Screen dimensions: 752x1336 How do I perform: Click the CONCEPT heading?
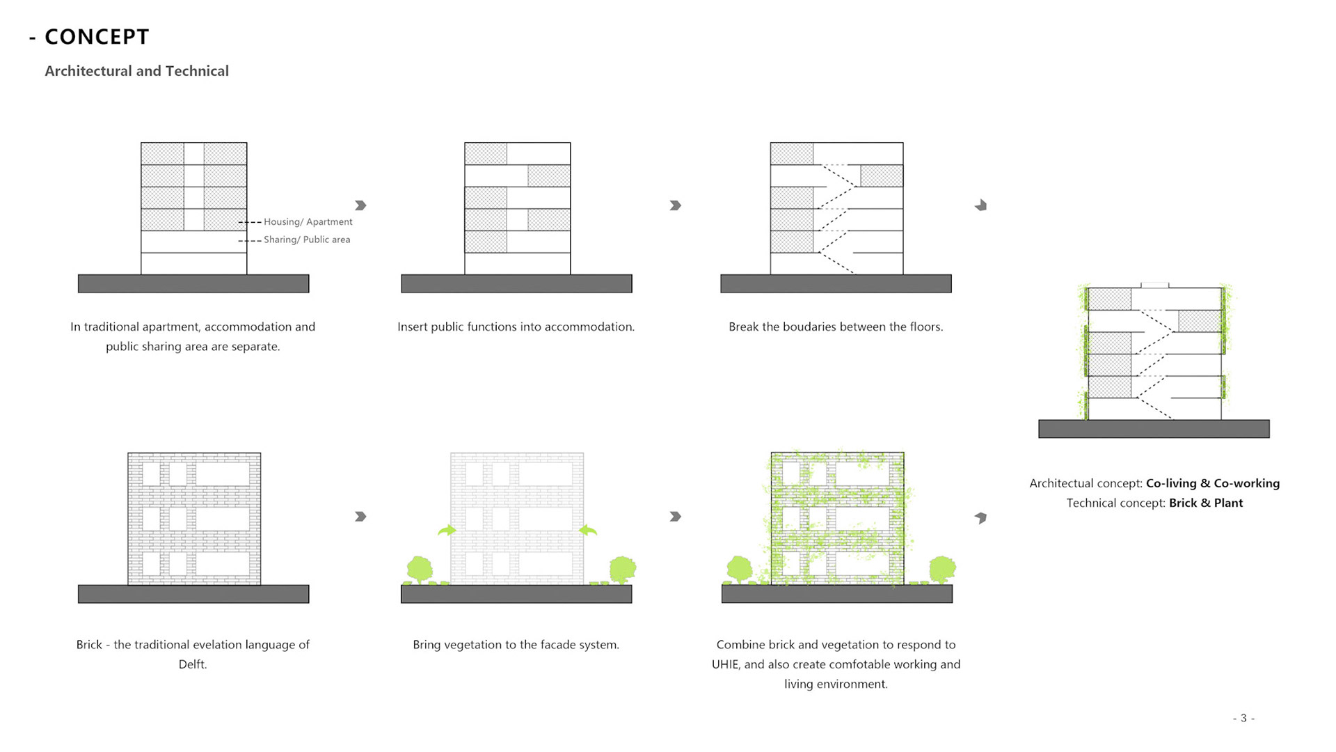click(97, 37)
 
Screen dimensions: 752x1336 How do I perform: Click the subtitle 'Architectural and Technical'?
click(136, 71)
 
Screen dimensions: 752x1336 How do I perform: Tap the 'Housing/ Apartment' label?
click(308, 222)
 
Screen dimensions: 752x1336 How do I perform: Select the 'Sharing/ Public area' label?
click(306, 240)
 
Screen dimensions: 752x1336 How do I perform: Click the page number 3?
click(1243, 718)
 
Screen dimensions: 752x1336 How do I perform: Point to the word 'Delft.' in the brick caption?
click(193, 664)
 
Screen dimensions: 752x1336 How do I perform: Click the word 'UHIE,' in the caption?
click(726, 664)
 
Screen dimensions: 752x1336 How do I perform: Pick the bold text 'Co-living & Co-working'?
click(1212, 483)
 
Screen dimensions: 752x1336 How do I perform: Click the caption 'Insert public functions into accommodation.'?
click(516, 327)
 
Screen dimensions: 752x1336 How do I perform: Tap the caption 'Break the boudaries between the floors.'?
click(836, 327)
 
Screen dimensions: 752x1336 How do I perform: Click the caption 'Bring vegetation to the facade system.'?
click(516, 645)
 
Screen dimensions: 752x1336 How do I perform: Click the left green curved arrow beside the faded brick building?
click(447, 531)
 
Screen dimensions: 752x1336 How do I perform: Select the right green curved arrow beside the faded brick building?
click(588, 531)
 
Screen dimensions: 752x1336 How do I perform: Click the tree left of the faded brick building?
click(420, 569)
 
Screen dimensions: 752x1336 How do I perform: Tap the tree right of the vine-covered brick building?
click(942, 568)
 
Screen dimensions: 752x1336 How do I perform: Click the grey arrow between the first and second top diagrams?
click(360, 205)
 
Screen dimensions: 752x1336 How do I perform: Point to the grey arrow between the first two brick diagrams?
click(360, 517)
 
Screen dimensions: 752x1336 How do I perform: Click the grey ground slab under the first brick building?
click(193, 594)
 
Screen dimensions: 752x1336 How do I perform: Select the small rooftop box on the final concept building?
click(1154, 285)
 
